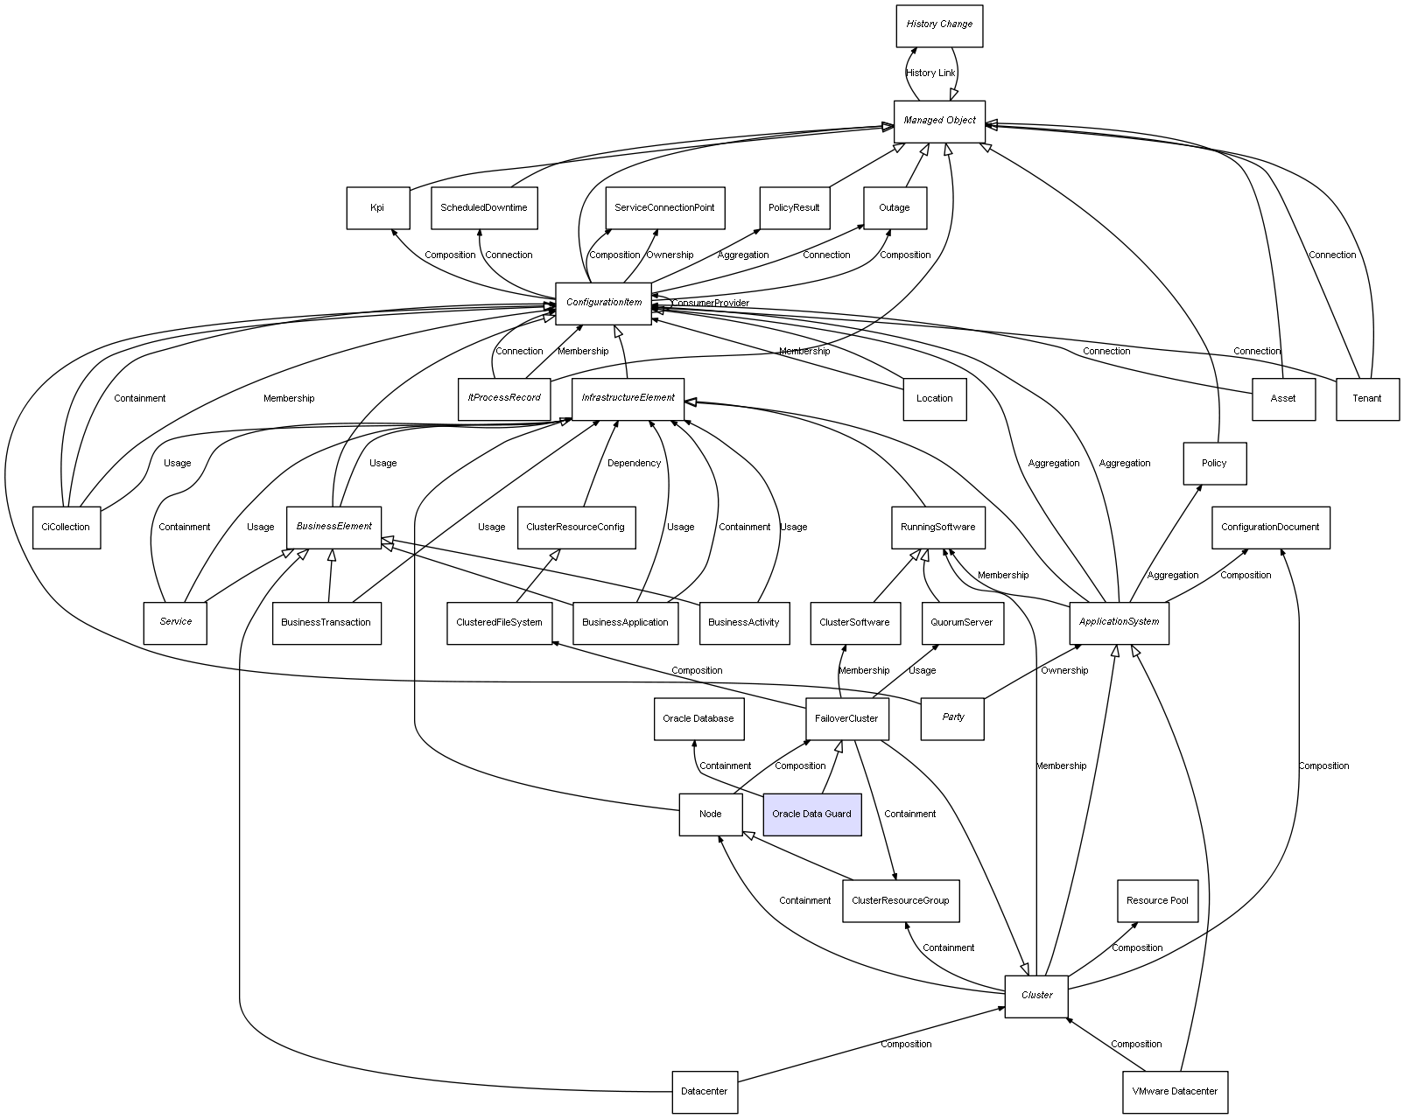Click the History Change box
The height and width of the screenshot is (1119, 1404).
(x=939, y=25)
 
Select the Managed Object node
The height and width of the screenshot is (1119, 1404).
(x=939, y=121)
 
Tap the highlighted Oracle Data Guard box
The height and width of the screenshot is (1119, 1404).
(x=811, y=814)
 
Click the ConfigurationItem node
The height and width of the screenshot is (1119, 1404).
(x=603, y=303)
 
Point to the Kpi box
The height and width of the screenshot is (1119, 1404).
(x=377, y=208)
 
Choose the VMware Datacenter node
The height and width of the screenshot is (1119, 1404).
(x=1175, y=1092)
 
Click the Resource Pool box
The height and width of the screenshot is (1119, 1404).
(x=1157, y=901)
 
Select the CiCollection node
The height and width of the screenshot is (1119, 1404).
(x=66, y=528)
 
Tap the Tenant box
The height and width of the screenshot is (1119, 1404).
(x=1366, y=399)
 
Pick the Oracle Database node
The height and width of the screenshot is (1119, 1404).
(x=698, y=719)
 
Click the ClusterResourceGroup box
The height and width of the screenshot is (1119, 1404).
(x=900, y=901)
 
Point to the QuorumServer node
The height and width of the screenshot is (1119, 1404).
(x=961, y=623)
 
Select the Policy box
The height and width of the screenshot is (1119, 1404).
(x=1214, y=464)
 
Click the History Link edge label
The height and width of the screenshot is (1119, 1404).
(x=930, y=73)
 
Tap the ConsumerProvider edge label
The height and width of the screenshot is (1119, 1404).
(x=711, y=304)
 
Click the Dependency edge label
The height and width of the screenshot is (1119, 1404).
(x=634, y=464)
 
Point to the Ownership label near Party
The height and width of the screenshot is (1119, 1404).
(x=1064, y=671)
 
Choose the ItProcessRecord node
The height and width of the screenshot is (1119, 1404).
(x=503, y=398)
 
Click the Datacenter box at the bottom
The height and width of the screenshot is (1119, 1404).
(x=705, y=1092)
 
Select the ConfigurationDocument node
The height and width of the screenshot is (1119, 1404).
(x=1270, y=528)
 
